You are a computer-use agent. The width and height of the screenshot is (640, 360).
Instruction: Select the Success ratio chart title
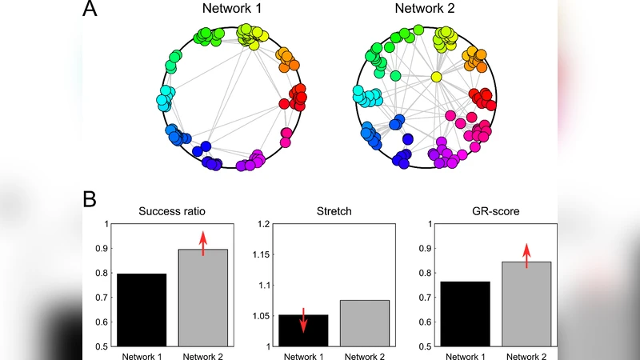tap(171, 213)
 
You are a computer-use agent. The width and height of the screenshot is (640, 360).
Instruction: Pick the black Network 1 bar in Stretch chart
tap(303, 330)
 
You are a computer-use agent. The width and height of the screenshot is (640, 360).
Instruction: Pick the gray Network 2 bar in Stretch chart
tap(364, 323)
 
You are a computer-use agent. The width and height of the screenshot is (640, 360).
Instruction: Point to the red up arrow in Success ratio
tap(202, 242)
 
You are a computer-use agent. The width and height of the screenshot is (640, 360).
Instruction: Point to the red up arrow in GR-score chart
tap(526, 255)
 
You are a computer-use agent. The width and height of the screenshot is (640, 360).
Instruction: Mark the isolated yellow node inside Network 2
tap(436, 77)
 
